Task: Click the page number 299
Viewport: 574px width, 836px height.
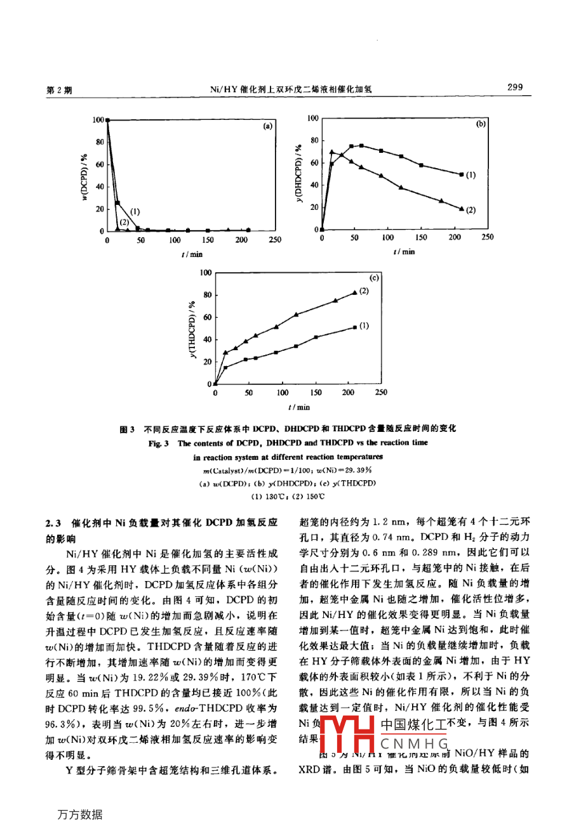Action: [x=515, y=87]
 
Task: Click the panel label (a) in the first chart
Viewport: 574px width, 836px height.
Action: [x=267, y=126]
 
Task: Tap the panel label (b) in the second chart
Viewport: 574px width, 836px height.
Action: [x=480, y=124]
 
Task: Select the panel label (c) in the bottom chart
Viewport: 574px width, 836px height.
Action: [x=373, y=277]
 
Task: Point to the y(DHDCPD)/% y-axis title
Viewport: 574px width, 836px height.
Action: [x=298, y=173]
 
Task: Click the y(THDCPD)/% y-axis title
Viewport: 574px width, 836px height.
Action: [x=191, y=329]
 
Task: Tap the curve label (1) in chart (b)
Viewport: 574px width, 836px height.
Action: [x=470, y=174]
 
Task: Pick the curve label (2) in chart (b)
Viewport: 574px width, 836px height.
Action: [x=470, y=210]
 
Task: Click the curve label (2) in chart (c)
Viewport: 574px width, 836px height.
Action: [x=364, y=291]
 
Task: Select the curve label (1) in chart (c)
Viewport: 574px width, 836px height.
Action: [x=363, y=326]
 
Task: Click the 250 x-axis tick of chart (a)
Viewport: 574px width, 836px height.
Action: [x=275, y=240]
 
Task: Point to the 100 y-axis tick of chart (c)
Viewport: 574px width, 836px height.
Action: [x=205, y=273]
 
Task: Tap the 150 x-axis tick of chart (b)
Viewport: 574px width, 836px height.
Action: [x=421, y=238]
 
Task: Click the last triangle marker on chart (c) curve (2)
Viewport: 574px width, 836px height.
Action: [x=354, y=292]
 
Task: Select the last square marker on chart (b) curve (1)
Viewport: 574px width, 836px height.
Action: [x=460, y=174]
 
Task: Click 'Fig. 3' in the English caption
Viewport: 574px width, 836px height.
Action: [x=158, y=443]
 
